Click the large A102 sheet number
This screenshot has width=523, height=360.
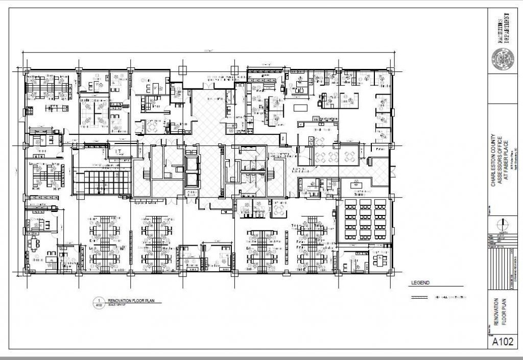[503, 342]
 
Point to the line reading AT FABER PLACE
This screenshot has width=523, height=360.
[507, 160]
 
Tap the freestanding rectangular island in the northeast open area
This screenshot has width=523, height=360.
[301, 109]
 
